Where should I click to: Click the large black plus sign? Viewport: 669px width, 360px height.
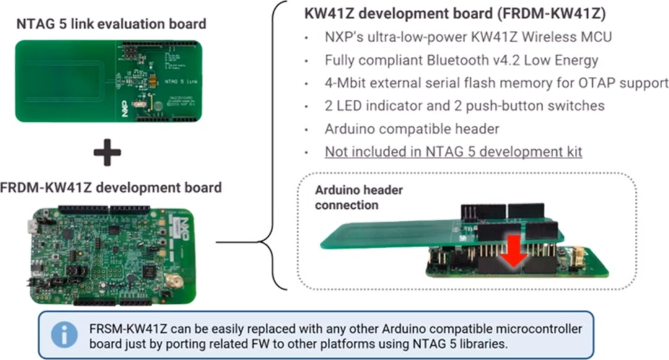[x=107, y=151]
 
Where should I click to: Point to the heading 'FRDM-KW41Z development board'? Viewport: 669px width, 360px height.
[x=111, y=187]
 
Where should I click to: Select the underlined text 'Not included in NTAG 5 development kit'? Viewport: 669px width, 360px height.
[x=453, y=151]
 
